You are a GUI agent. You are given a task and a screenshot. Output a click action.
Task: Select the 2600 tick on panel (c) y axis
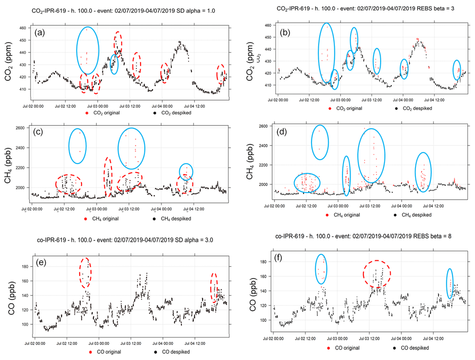coord(23,128)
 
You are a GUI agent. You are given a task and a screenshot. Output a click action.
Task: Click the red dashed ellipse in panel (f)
coord(376,274)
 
